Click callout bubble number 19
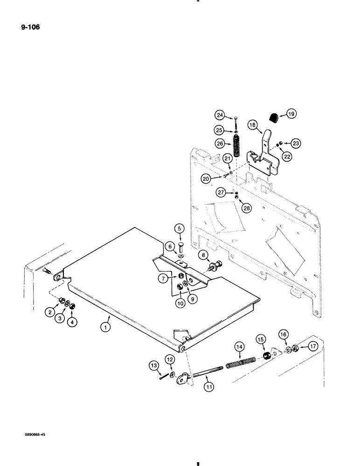pyautogui.click(x=291, y=113)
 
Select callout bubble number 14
pyautogui.click(x=239, y=347)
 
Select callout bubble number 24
pyautogui.click(x=221, y=114)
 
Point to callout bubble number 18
pyautogui.click(x=252, y=125)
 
